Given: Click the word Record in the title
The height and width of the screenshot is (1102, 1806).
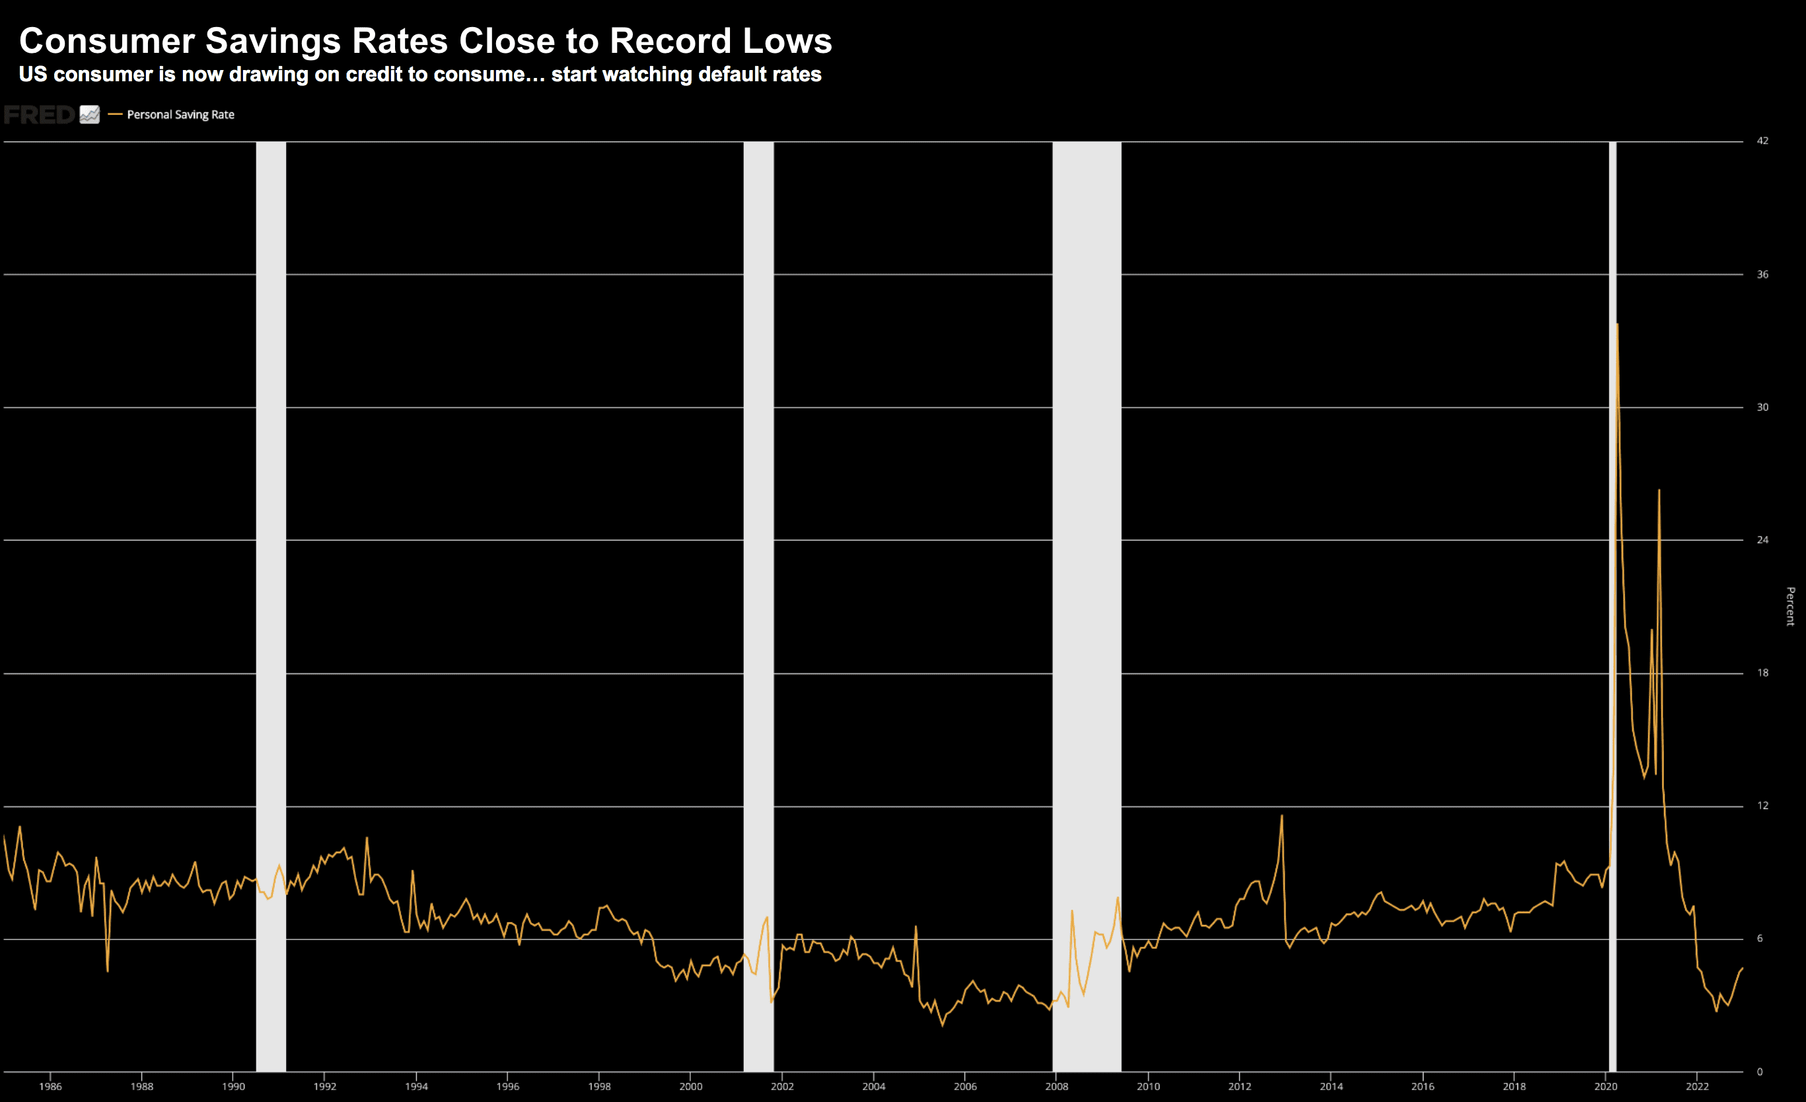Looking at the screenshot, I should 670,41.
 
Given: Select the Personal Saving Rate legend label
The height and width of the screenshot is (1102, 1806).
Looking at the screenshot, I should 180,114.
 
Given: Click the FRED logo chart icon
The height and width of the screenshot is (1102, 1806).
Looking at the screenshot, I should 89,114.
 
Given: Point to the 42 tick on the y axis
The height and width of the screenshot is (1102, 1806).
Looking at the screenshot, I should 1762,141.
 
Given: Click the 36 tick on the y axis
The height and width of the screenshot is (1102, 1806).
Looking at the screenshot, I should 1762,274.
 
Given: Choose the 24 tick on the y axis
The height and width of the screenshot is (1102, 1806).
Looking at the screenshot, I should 1762,540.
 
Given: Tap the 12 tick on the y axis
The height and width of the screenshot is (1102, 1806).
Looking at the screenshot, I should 1762,805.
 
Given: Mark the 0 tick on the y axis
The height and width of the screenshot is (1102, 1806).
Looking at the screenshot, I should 1759,1072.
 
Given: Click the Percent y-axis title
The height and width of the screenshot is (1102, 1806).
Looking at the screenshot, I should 1790,606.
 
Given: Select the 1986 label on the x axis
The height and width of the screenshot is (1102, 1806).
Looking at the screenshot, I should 51,1087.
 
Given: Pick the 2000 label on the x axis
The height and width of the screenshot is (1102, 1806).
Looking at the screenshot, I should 690,1087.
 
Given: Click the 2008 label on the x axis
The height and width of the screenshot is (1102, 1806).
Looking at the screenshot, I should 1056,1087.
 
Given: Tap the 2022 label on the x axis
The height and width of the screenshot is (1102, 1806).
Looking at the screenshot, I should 1697,1087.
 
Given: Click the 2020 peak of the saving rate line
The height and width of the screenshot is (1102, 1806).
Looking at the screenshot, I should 1617,325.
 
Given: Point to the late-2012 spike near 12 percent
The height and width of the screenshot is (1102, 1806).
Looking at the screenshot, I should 1282,816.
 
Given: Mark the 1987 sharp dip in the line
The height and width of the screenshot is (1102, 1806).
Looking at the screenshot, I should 108,970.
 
